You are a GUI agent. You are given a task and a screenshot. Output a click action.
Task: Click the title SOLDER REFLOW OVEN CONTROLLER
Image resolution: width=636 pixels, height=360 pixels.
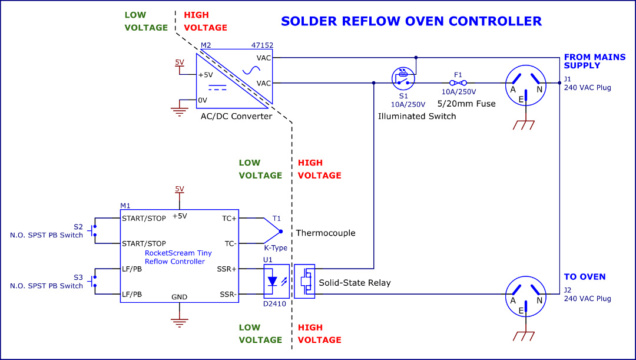pyautogui.click(x=411, y=22)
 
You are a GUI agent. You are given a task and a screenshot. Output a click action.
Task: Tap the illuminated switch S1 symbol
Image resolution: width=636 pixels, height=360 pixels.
pyautogui.click(x=403, y=78)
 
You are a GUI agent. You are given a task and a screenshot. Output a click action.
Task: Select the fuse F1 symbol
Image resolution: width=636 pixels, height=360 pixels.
pyautogui.click(x=458, y=83)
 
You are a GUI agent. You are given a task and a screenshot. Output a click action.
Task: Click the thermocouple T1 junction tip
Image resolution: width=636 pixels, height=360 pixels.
pyautogui.click(x=280, y=231)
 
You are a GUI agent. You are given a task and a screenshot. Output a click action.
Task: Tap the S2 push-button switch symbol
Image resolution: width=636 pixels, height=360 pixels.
pyautogui.click(x=93, y=230)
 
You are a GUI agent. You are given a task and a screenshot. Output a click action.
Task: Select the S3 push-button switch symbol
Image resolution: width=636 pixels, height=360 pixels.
pyautogui.click(x=93, y=281)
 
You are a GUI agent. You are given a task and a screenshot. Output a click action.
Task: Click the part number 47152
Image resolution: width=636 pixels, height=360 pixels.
pyautogui.click(x=261, y=45)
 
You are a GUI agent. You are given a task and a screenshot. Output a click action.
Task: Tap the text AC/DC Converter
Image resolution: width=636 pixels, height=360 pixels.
pyautogui.click(x=237, y=116)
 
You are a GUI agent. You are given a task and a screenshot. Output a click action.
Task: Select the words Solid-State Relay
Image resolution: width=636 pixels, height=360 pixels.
pyautogui.click(x=355, y=283)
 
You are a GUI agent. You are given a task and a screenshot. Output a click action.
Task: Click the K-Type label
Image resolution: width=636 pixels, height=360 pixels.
pyautogui.click(x=276, y=248)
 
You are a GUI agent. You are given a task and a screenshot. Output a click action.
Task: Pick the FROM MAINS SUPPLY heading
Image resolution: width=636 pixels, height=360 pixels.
pyautogui.click(x=590, y=61)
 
